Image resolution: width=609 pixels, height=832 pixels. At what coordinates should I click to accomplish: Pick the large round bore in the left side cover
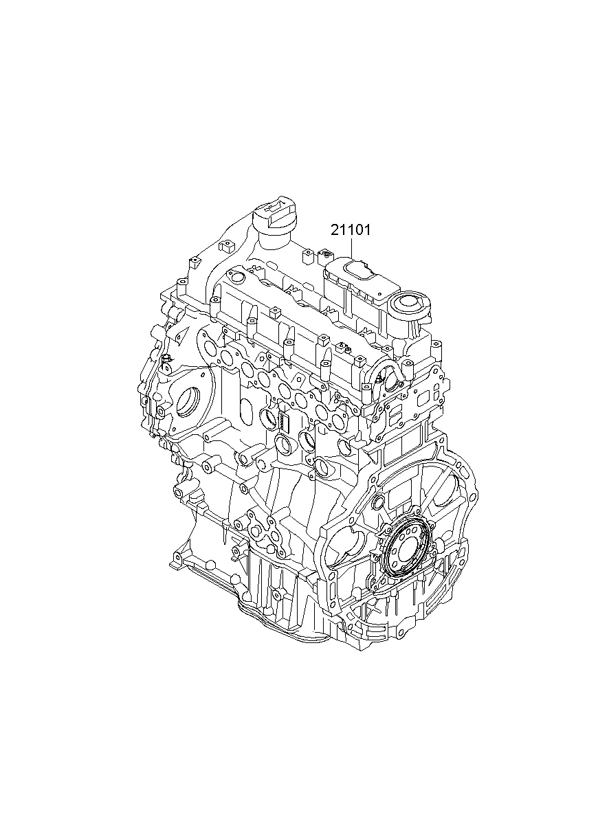[x=189, y=403]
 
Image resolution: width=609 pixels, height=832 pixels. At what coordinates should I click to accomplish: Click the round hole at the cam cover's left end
[x=236, y=277]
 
